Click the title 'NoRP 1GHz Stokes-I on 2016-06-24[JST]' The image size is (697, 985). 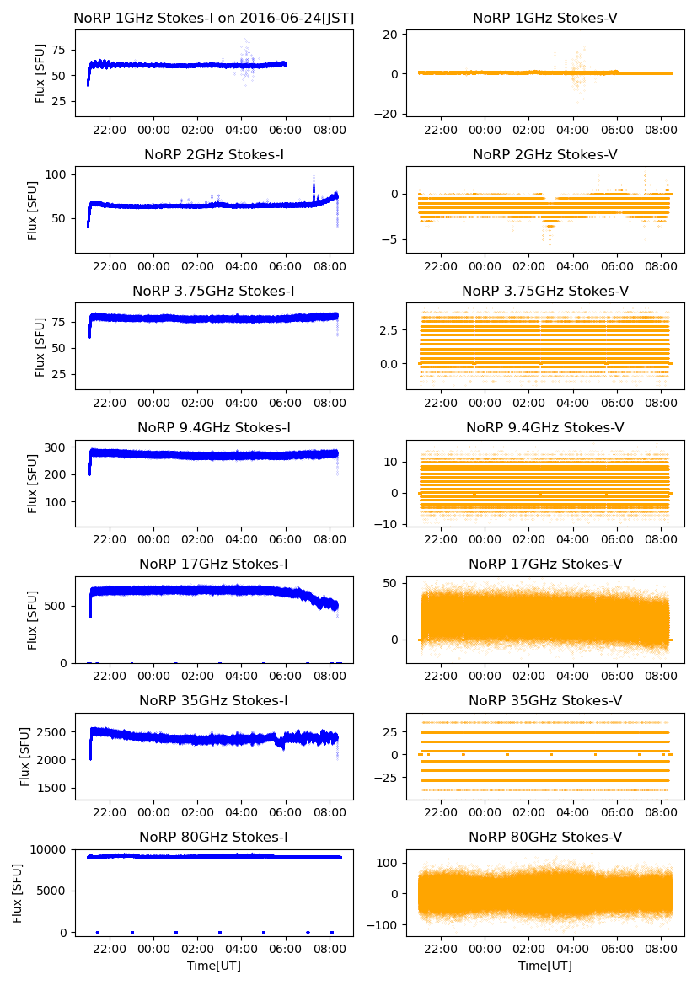[x=213, y=18]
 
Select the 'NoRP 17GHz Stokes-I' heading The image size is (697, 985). [x=213, y=564]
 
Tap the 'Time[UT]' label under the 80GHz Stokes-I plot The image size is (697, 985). [x=213, y=966]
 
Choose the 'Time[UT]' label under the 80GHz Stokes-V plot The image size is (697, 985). [x=544, y=966]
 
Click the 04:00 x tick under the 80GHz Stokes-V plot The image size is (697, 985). [x=573, y=949]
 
